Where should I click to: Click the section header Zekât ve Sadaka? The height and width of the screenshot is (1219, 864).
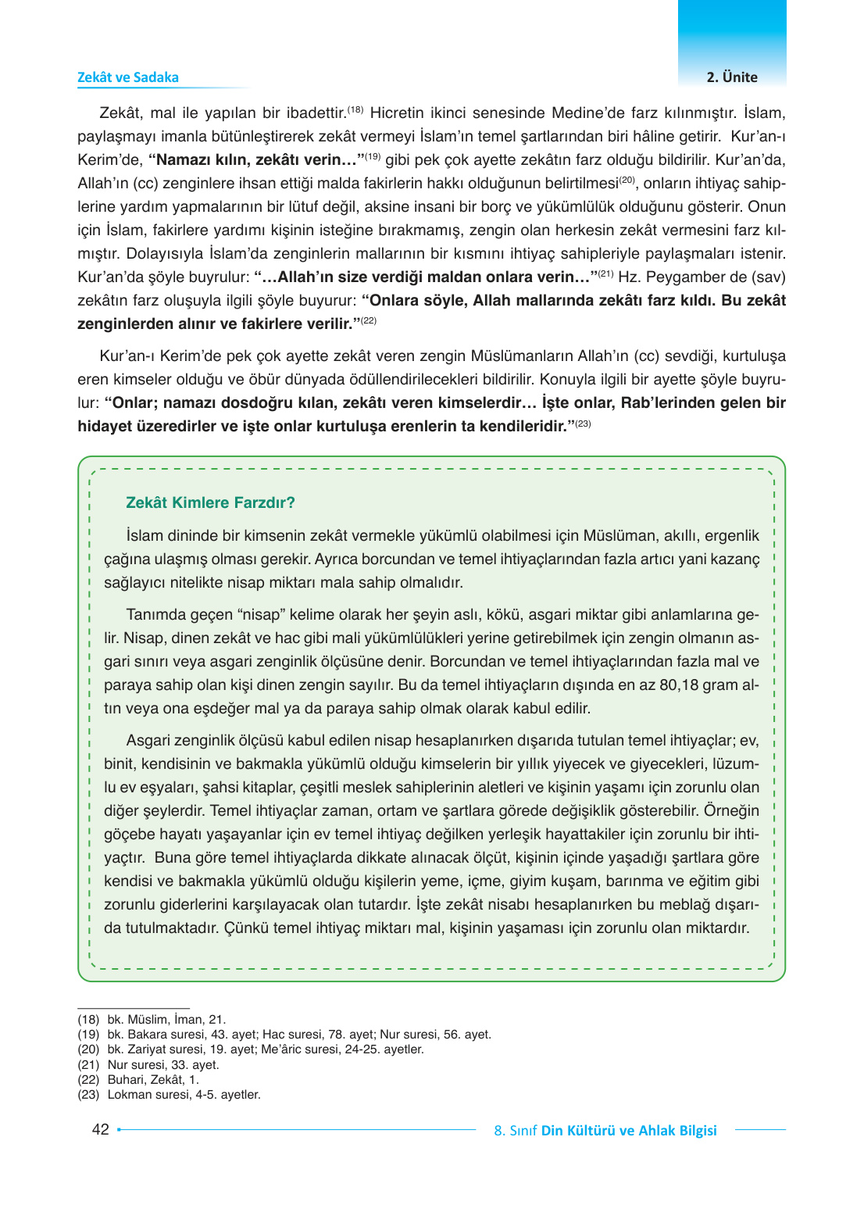(127, 77)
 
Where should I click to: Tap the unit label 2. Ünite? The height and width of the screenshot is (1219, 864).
(731, 77)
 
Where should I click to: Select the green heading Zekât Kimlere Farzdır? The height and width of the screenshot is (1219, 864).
(210, 502)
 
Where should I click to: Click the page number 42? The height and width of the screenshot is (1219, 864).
(100, 1129)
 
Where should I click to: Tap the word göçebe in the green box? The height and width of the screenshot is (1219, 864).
(127, 834)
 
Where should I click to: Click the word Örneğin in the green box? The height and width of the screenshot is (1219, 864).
(731, 810)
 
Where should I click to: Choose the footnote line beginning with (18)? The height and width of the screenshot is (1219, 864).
(152, 1020)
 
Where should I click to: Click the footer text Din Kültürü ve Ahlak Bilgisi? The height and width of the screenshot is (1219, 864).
(628, 1131)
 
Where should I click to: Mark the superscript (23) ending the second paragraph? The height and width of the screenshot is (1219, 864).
(583, 424)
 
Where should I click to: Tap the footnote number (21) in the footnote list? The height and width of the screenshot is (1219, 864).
(88, 1065)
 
